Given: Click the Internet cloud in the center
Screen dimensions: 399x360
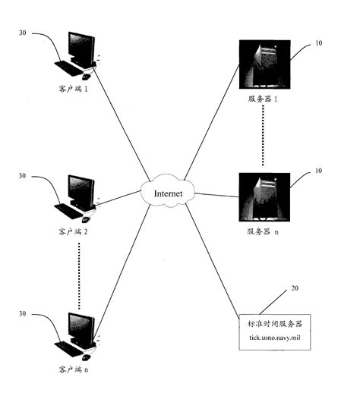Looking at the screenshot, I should coord(169,193).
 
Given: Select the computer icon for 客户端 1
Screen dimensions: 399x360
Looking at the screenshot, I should coord(78,55).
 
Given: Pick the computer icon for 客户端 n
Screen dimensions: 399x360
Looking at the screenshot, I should coord(78,334).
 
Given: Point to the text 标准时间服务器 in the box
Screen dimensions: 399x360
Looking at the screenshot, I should coord(273,324).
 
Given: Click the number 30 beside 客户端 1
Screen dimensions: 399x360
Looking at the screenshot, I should coord(23,33).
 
